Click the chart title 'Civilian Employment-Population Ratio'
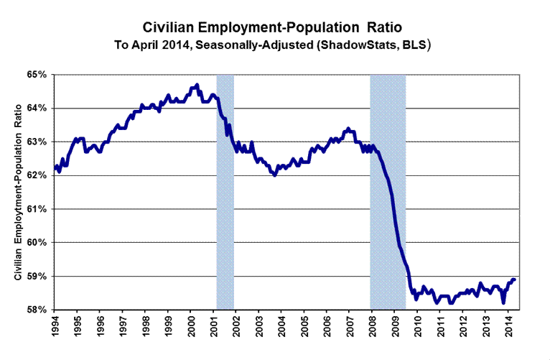[x=275, y=28]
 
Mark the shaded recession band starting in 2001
[x=225, y=192]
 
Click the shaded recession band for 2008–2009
[x=388, y=192]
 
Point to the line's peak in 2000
[x=197, y=85]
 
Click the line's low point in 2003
[x=275, y=175]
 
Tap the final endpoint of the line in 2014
[x=515, y=280]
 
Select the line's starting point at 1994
[x=55, y=168]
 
